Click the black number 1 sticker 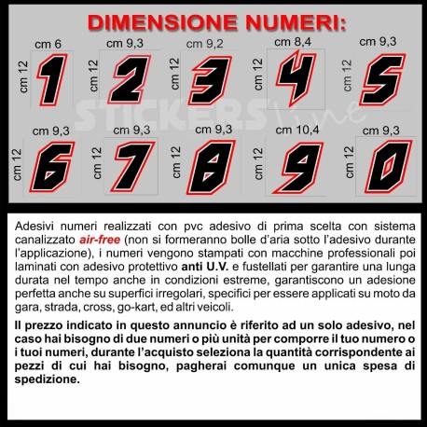coord(52,80)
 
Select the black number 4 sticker coord(296,77)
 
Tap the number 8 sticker coord(211,167)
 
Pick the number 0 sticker coord(389,167)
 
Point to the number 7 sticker coord(133,167)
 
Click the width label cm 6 coord(48,45)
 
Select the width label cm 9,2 coord(204,44)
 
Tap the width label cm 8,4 coord(293,42)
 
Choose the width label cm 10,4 coord(297,130)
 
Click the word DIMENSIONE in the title coord(162,22)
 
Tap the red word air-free coord(100,240)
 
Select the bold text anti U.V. coord(205,267)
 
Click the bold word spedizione coord(48,379)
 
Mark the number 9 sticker coord(298,168)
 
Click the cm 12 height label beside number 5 coord(348,76)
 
